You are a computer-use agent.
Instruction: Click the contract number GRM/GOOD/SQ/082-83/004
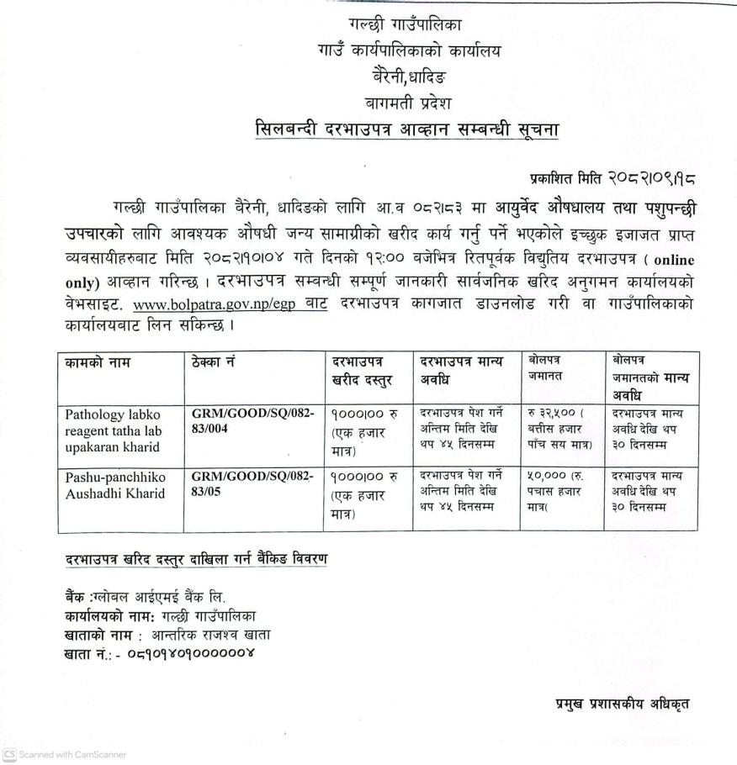tap(252, 421)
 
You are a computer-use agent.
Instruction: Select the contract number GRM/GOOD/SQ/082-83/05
tap(252, 484)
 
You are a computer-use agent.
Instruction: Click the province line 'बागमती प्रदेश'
tap(404, 103)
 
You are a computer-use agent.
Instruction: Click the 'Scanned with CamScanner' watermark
tap(65, 754)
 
